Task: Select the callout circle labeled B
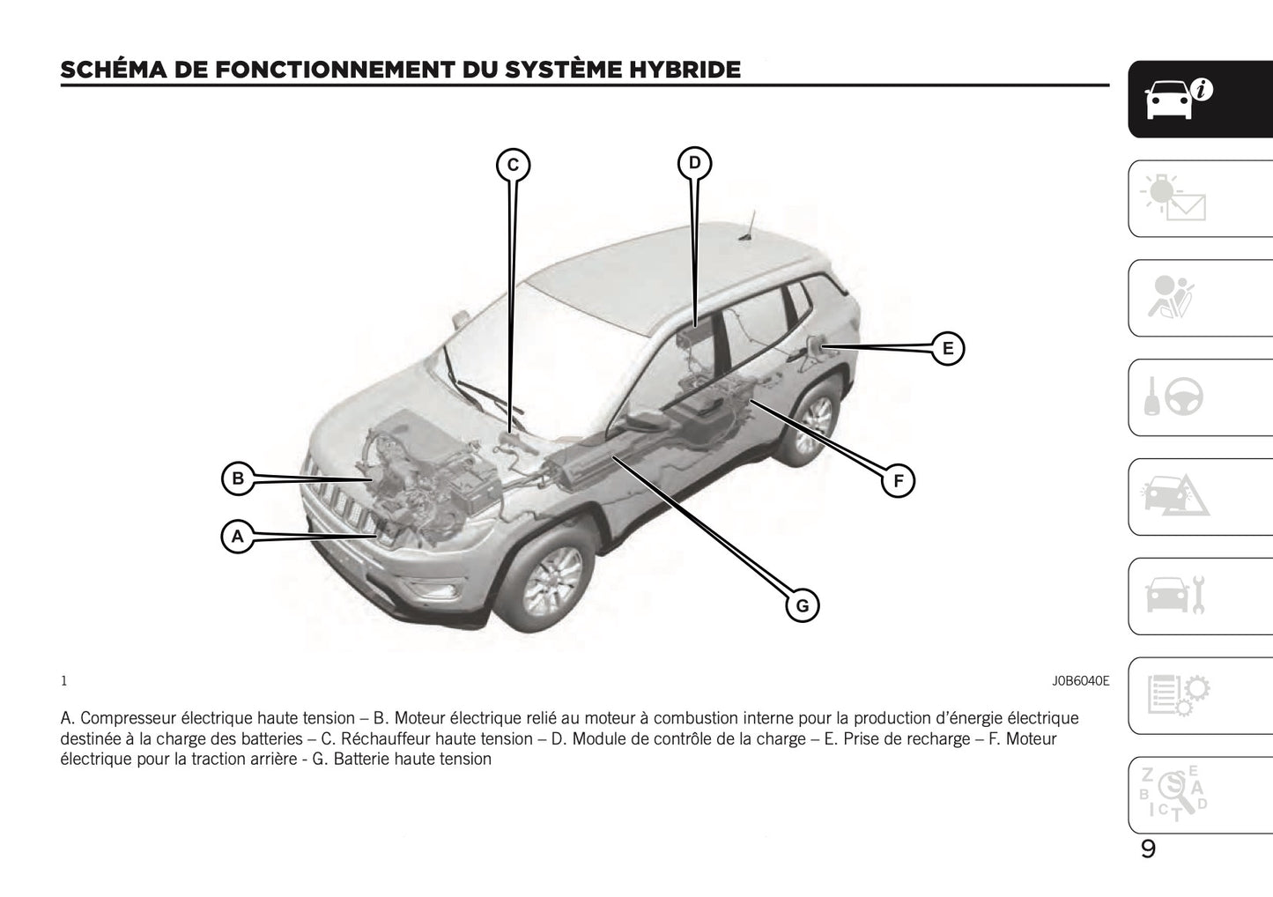tap(237, 479)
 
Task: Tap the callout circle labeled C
tap(513, 165)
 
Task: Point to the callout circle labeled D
tap(694, 163)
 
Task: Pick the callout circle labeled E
tap(947, 348)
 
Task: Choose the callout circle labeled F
tap(898, 481)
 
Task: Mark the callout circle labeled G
tap(802, 605)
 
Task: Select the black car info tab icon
tap(1177, 99)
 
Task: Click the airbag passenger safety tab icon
tap(1172, 298)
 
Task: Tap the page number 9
tap(1148, 849)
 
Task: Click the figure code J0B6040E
tap(1079, 681)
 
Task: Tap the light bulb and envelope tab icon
tap(1173, 198)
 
